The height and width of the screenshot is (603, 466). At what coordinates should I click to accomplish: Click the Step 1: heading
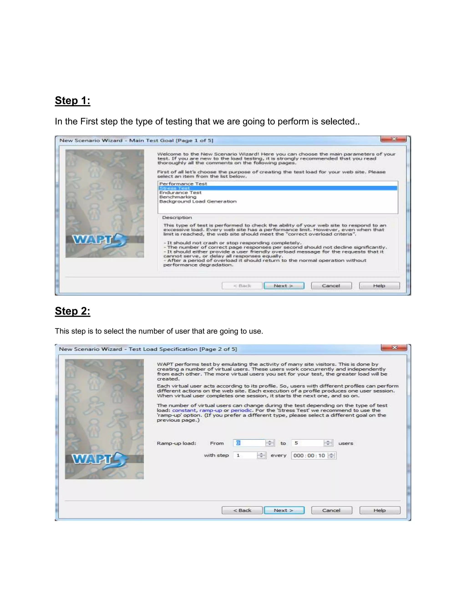(72, 101)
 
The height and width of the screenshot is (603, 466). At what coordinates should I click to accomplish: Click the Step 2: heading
(72, 311)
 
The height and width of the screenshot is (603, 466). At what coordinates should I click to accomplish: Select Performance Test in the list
(183, 184)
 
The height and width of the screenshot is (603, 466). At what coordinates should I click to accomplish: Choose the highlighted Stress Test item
(175, 188)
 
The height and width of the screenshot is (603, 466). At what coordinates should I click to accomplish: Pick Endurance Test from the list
(180, 193)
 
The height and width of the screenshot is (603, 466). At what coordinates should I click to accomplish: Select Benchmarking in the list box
(178, 197)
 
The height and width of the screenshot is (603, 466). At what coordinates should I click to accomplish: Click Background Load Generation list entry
(198, 201)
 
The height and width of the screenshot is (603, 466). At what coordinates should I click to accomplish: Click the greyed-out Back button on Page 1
(242, 286)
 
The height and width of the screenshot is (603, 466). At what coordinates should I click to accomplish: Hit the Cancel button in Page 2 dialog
(331, 510)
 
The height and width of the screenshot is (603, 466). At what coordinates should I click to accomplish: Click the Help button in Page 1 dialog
(379, 286)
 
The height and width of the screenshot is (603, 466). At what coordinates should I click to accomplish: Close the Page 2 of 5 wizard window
(394, 347)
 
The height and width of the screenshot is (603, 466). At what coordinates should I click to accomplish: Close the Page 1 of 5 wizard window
(394, 139)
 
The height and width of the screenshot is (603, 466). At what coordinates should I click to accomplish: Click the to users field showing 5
(308, 443)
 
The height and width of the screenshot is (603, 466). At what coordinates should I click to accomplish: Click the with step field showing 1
(245, 455)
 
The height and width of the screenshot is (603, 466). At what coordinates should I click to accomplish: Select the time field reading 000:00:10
(309, 455)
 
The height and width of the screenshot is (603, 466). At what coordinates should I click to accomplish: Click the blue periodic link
(241, 410)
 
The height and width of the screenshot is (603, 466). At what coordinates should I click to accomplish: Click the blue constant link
(184, 410)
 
